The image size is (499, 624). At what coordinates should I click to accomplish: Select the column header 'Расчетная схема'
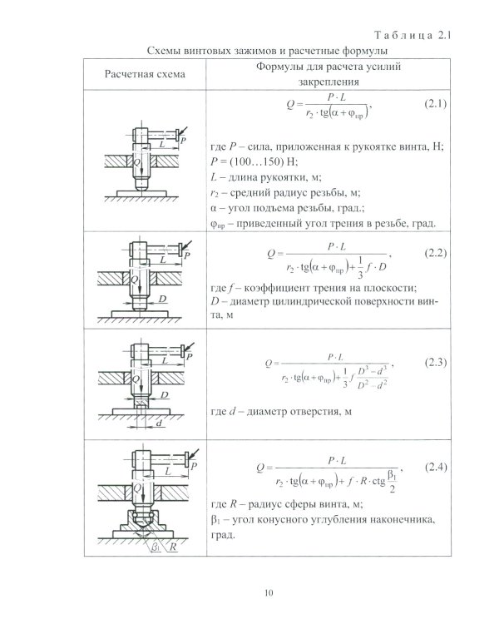point(145,75)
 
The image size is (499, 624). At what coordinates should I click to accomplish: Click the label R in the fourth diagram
point(172,548)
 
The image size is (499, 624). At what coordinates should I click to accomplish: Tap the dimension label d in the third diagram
point(159,422)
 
